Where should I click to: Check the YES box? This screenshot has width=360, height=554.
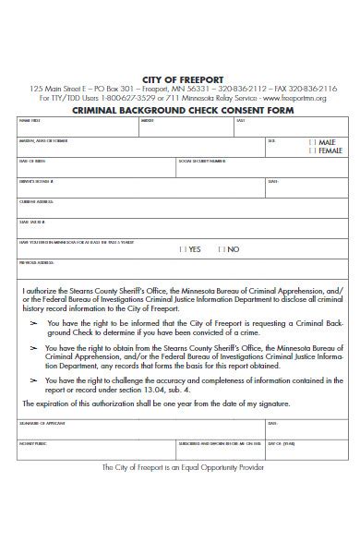click(180, 249)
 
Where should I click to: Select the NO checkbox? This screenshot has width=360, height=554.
click(219, 249)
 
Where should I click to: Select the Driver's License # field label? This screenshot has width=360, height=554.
click(37, 182)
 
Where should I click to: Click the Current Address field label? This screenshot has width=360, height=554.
click(36, 202)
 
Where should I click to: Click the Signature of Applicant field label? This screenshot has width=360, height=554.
click(42, 423)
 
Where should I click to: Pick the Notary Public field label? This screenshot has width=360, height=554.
click(32, 443)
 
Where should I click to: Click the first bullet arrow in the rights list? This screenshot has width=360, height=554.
click(34, 324)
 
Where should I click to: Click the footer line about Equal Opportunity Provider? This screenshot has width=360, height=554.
click(182, 467)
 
